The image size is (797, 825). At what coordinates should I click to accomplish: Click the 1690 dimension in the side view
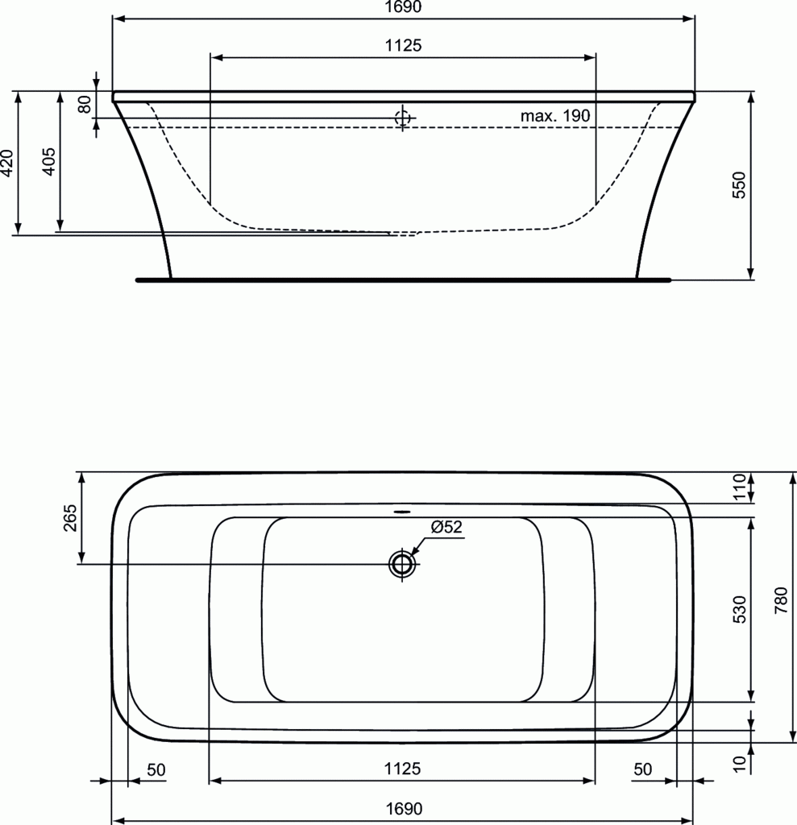pyautogui.click(x=403, y=6)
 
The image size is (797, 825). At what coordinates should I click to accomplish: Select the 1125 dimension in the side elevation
pyautogui.click(x=403, y=45)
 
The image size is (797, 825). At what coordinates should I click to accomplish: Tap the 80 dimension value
pyautogui.click(x=85, y=104)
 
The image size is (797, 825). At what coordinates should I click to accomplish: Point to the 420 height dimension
pyautogui.click(x=6, y=163)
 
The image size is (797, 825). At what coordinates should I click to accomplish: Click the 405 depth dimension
pyautogui.click(x=48, y=161)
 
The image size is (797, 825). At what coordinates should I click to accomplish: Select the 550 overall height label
pyautogui.click(x=739, y=184)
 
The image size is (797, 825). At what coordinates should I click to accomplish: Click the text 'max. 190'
pyautogui.click(x=555, y=116)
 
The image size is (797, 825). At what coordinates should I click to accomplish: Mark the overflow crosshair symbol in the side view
pyautogui.click(x=403, y=118)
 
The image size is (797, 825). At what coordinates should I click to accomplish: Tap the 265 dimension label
pyautogui.click(x=70, y=518)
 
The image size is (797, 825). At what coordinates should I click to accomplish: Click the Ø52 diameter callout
pyautogui.click(x=446, y=527)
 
